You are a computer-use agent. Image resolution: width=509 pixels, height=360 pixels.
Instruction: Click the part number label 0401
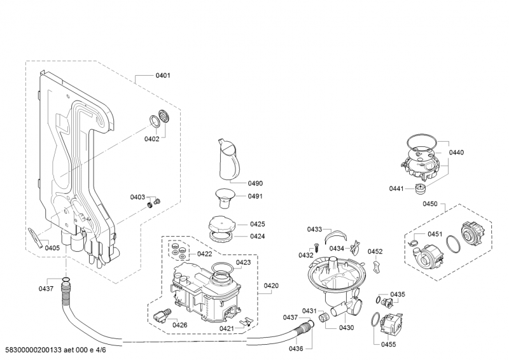click(x=163, y=76)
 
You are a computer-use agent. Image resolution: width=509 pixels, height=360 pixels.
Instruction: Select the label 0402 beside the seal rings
click(x=151, y=139)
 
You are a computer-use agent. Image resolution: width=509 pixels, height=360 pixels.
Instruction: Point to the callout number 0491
click(x=256, y=197)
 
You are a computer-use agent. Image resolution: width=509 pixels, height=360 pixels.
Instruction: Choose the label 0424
click(x=257, y=236)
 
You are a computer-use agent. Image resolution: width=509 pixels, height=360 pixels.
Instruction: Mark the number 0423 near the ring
click(x=244, y=262)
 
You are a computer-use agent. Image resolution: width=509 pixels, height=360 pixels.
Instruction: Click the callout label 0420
click(x=271, y=286)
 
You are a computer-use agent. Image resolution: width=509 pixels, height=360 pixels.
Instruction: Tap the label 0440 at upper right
click(x=456, y=153)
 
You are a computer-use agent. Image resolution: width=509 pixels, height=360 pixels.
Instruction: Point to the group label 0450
click(x=431, y=204)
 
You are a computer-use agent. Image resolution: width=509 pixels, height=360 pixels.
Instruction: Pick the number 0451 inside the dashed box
click(x=435, y=234)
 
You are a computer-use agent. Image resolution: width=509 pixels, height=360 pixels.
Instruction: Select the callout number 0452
click(x=375, y=252)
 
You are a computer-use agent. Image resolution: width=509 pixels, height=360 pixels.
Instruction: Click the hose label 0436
click(x=296, y=349)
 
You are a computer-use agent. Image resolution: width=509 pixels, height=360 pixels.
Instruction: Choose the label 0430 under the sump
click(x=346, y=328)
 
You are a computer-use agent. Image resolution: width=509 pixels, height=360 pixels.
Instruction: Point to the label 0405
click(x=53, y=248)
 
